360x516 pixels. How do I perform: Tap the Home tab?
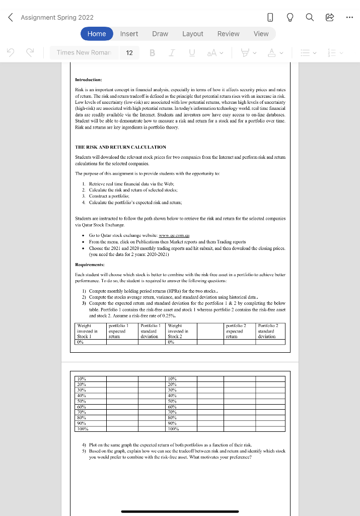(x=97, y=34)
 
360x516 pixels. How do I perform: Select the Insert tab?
(x=129, y=34)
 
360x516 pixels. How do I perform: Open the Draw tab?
(x=160, y=34)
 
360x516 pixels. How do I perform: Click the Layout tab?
(x=192, y=34)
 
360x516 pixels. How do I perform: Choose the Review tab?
(x=228, y=34)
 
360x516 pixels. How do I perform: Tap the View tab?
(x=261, y=34)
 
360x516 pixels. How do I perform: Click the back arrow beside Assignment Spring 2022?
(x=11, y=18)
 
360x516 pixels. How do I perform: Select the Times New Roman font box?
(x=87, y=52)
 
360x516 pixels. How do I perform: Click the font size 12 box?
(x=129, y=52)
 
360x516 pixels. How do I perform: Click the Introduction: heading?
(x=88, y=80)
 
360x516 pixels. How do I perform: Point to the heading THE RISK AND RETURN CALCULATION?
(x=120, y=147)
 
